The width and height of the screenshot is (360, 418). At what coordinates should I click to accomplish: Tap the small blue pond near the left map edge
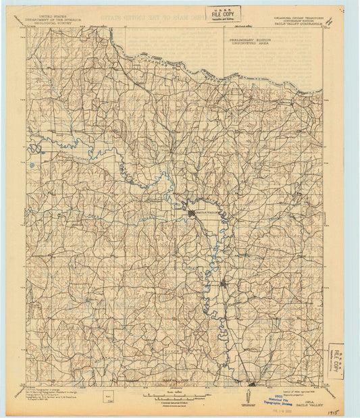31,164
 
